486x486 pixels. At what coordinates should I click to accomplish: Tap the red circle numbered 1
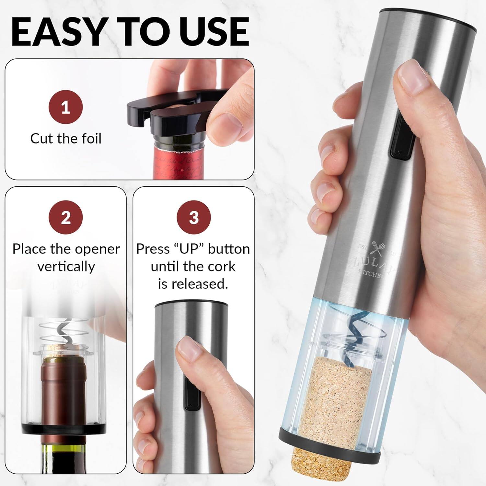[x=66, y=107]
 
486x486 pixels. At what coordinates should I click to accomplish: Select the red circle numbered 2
[x=66, y=217]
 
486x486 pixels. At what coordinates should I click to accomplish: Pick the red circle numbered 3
[x=193, y=217]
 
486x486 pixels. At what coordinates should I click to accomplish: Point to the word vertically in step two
[x=66, y=267]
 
